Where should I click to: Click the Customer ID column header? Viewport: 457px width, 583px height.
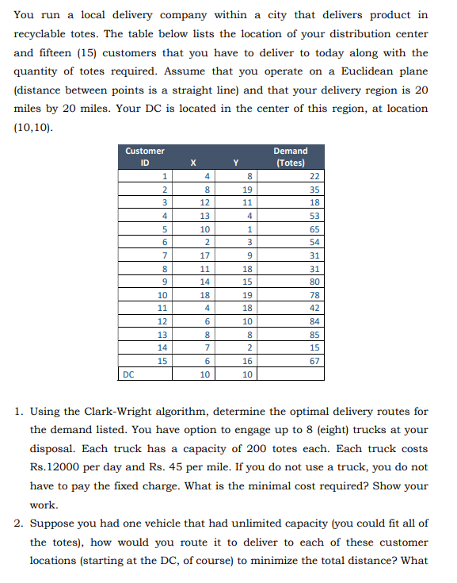(x=146, y=156)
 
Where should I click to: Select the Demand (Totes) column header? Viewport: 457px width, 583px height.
(x=290, y=156)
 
